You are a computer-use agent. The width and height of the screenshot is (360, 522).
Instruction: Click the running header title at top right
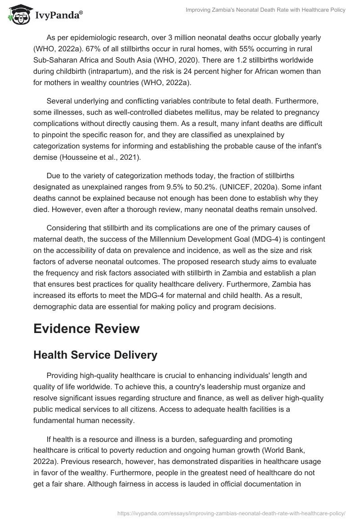pos(265,10)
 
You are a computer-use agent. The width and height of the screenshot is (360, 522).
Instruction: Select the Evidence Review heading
pos(86,329)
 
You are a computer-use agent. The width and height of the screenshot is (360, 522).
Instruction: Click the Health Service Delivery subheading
pos(95,355)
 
